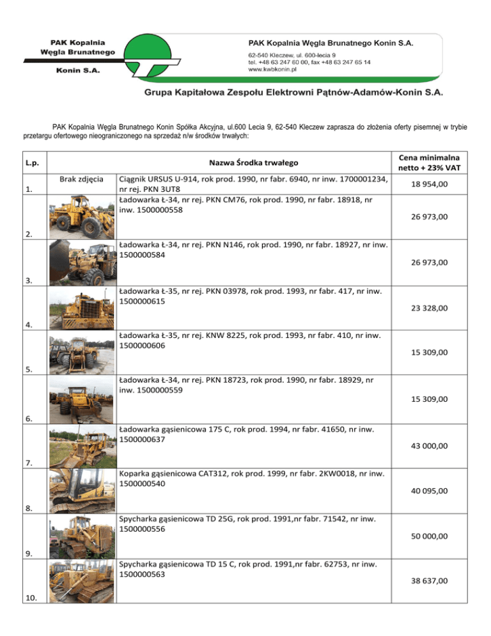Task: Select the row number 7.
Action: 27,463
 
